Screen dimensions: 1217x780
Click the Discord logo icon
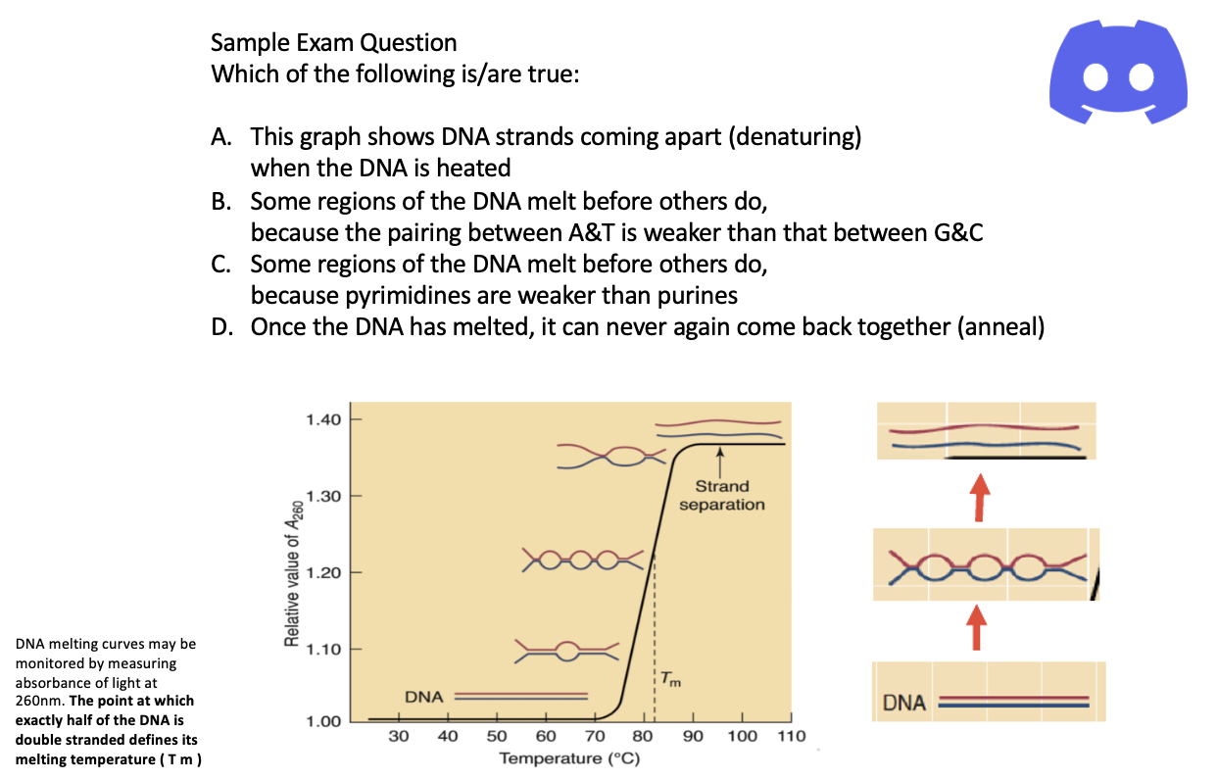[x=1118, y=75]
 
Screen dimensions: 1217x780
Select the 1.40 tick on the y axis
[x=323, y=420]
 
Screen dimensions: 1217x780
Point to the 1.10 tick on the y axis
[x=323, y=649]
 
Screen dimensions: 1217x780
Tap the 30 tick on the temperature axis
[x=399, y=736]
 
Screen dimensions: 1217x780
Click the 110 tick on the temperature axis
[x=791, y=736]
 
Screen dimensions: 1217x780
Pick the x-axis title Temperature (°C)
[x=568, y=758]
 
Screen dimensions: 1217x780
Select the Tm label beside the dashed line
[x=668, y=678]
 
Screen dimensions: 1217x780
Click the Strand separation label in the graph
[x=722, y=495]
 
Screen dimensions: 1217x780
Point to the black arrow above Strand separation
[x=719, y=461]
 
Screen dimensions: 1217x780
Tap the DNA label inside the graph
[x=424, y=697]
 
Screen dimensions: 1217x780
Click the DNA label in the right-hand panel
[x=904, y=704]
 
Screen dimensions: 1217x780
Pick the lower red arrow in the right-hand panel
[x=976, y=627]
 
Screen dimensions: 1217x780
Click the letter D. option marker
[x=222, y=327]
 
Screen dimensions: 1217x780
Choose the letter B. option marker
[x=222, y=202]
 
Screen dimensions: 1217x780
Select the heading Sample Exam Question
[x=333, y=43]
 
